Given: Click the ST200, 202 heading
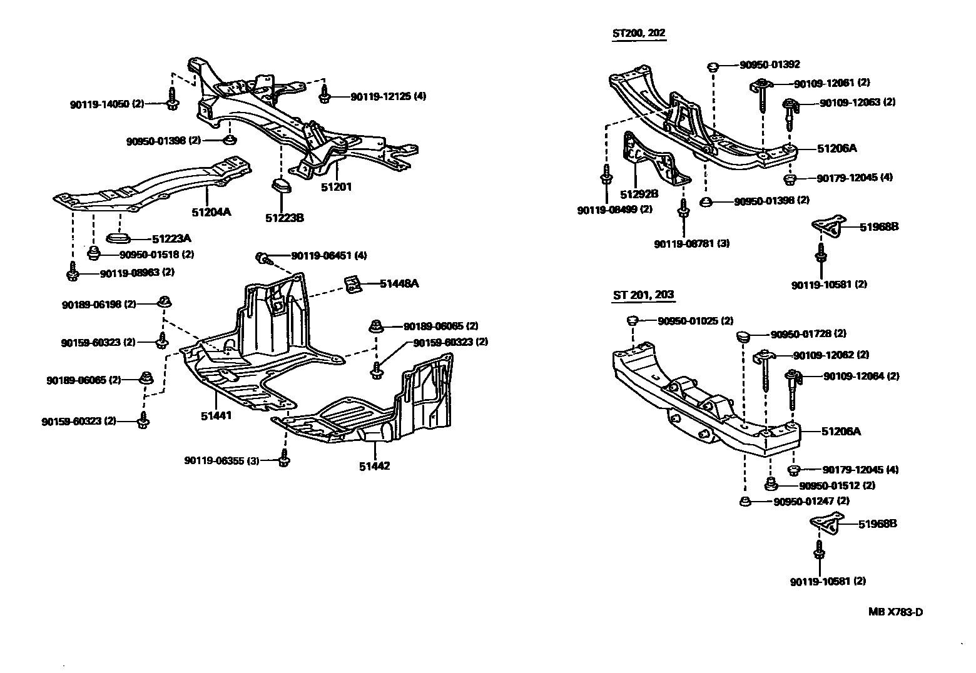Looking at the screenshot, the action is (639, 33).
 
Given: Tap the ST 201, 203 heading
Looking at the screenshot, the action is (644, 295).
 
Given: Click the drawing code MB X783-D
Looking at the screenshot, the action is (895, 612).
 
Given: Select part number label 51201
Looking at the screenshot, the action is (336, 187).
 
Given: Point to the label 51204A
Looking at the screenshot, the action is (211, 212).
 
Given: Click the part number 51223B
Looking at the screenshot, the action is (285, 218).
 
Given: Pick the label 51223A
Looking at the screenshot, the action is (171, 239).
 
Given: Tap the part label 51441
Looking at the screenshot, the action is (216, 416).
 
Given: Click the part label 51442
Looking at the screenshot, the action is (374, 466).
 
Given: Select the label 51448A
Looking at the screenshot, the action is (399, 283).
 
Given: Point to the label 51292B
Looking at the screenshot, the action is (639, 194).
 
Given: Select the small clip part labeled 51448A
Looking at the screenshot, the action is (353, 284).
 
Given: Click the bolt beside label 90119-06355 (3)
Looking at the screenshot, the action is (283, 458).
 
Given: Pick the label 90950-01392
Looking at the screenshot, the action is (770, 64).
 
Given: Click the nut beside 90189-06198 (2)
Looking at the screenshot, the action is (164, 301).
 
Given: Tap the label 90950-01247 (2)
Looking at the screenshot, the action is (811, 502).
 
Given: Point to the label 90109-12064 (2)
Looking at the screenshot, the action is (861, 376).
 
